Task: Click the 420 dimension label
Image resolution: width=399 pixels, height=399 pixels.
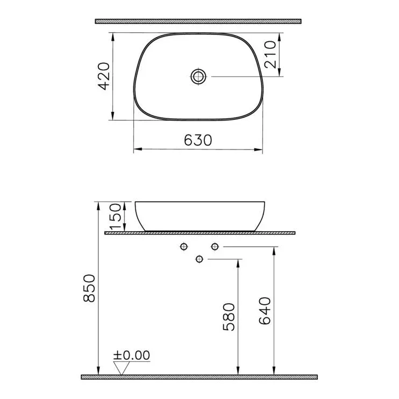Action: point(104,76)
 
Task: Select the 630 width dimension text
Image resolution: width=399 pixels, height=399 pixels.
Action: point(198,140)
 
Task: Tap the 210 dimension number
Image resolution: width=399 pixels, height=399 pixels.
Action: point(270,55)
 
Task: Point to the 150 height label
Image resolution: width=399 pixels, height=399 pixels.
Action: point(115,216)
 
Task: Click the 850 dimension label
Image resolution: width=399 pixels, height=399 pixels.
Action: point(89,288)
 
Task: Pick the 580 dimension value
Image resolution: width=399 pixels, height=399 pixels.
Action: point(229,317)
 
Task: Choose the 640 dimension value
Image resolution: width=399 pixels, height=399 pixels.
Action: point(265,311)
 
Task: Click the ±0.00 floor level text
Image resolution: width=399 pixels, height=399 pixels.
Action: point(132,355)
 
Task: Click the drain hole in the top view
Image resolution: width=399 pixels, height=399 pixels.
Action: point(198,76)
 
